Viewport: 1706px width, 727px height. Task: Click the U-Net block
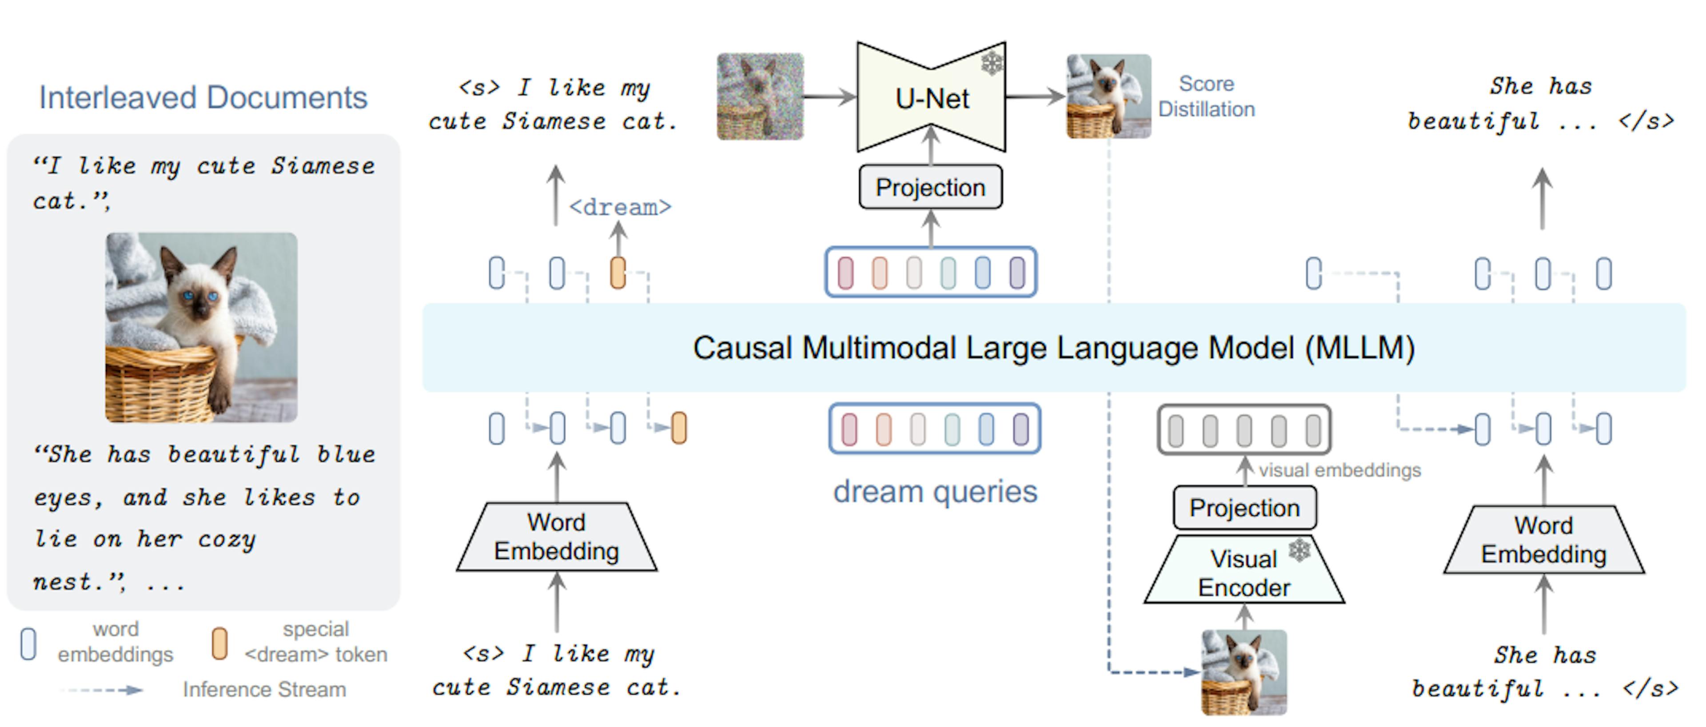coord(931,98)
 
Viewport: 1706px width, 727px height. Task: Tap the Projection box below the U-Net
coord(930,188)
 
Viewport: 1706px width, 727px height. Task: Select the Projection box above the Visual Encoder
coord(1244,508)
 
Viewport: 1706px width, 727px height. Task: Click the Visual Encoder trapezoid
coord(1244,573)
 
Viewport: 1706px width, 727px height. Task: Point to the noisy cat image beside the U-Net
coord(760,97)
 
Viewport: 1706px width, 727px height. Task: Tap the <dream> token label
coord(620,208)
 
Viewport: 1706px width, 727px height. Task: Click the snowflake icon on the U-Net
coord(992,64)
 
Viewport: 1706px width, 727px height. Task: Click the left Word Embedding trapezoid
coord(556,537)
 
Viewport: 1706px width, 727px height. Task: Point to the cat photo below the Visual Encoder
coord(1244,672)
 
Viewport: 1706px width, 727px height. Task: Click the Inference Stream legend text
coord(264,689)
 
